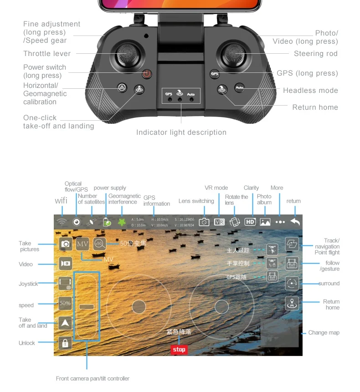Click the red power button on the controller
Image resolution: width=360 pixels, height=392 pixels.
(x=146, y=74)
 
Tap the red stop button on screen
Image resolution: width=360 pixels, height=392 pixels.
(x=179, y=349)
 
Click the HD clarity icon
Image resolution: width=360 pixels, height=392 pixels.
(x=250, y=222)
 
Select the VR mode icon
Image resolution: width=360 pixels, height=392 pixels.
(x=219, y=222)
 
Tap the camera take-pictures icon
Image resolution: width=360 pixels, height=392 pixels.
(x=66, y=244)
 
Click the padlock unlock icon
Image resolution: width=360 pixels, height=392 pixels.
(x=65, y=343)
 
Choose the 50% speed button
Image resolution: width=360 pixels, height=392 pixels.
(x=65, y=303)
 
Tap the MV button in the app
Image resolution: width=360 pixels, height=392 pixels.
(x=82, y=244)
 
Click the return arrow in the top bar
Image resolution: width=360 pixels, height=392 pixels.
(x=295, y=222)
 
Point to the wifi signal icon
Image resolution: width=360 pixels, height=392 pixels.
(x=62, y=222)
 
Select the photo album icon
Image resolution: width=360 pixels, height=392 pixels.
(x=265, y=222)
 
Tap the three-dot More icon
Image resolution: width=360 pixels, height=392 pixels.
(x=280, y=222)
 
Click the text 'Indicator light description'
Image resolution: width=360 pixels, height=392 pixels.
(x=181, y=132)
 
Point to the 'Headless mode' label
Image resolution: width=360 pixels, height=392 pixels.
(x=310, y=91)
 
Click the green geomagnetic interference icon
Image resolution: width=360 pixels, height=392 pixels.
(x=122, y=222)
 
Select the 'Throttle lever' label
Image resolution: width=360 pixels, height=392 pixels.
(x=47, y=54)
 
